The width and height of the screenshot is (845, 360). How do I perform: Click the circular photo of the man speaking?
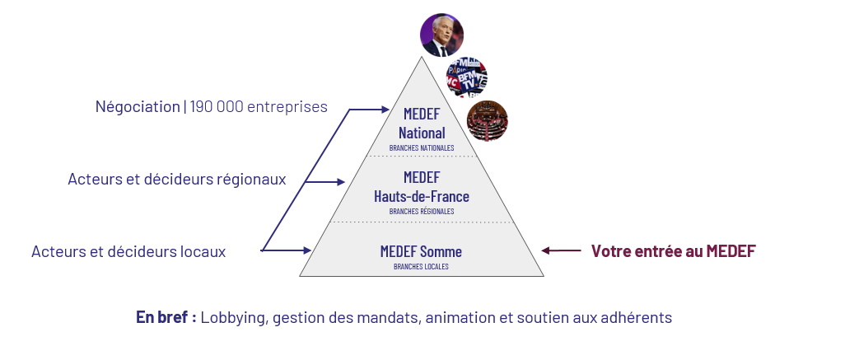[x=441, y=35]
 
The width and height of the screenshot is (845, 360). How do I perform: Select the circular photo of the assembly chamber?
[x=487, y=121]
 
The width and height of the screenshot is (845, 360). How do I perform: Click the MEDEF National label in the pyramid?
[x=422, y=124]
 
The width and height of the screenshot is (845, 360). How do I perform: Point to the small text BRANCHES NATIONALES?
[x=422, y=148]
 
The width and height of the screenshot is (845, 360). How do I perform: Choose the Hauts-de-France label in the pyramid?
[x=422, y=197]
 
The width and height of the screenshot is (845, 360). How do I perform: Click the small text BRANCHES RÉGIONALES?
[x=422, y=212]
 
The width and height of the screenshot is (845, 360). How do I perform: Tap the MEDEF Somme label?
[x=421, y=251]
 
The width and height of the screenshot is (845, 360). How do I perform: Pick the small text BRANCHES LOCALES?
[x=421, y=267]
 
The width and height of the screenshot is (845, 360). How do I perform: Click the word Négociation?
[x=138, y=107]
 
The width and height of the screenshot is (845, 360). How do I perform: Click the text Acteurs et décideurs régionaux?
[x=177, y=179]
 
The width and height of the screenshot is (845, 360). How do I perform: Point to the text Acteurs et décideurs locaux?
[x=128, y=251]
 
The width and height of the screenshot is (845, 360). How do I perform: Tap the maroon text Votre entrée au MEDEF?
[x=673, y=251]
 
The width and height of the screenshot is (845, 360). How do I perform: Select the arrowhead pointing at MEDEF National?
[x=384, y=109]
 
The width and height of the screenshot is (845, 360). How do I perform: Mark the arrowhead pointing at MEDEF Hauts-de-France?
[x=340, y=182]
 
